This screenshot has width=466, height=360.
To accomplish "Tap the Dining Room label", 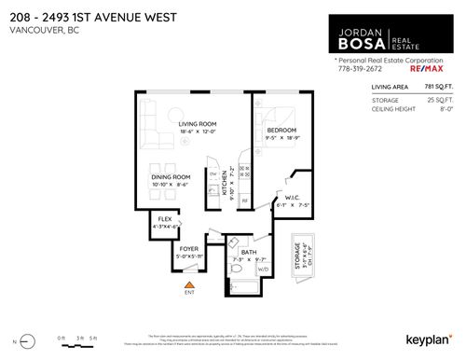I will pos(171,176).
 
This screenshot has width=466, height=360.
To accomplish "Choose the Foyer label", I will pos(190,249).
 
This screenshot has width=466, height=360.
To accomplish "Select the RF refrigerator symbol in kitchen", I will pos(245,200).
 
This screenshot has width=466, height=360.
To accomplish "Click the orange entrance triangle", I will pos(190,284).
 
